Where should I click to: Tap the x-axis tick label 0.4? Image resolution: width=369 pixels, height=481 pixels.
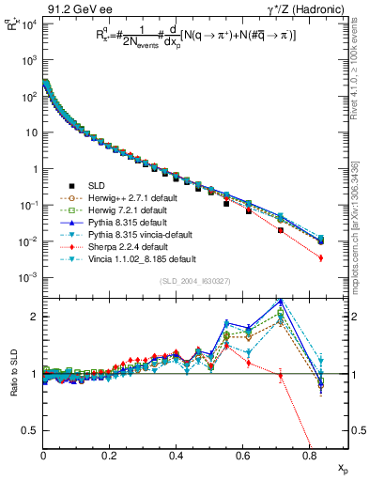click(177, 455)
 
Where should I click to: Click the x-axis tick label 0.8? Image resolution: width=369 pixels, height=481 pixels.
click(309, 455)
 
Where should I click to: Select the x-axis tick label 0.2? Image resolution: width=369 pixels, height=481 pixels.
click(110, 455)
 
